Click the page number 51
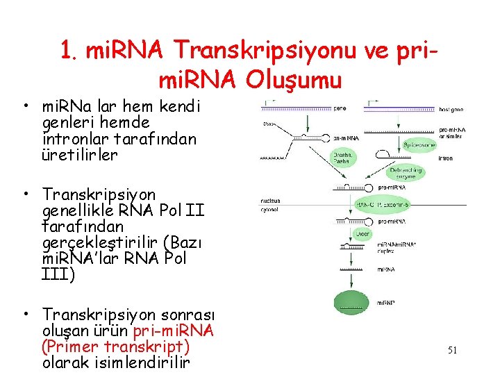[x=452, y=351]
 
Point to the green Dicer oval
[x=362, y=234]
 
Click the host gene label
[x=451, y=109]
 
